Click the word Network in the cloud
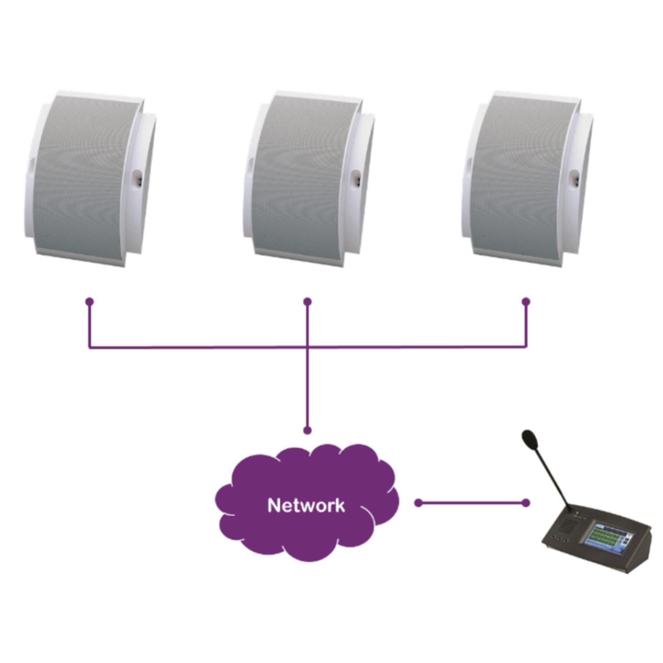click(x=306, y=505)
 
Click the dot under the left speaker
click(x=90, y=302)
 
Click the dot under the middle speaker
click(x=308, y=302)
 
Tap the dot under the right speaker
click(x=526, y=302)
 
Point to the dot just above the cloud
click(x=308, y=430)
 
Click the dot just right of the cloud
click(x=419, y=503)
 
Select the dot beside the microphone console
click(x=526, y=503)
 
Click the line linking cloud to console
click(x=472, y=503)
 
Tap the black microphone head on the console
click(x=529, y=438)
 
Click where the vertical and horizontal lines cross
click(x=308, y=347)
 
